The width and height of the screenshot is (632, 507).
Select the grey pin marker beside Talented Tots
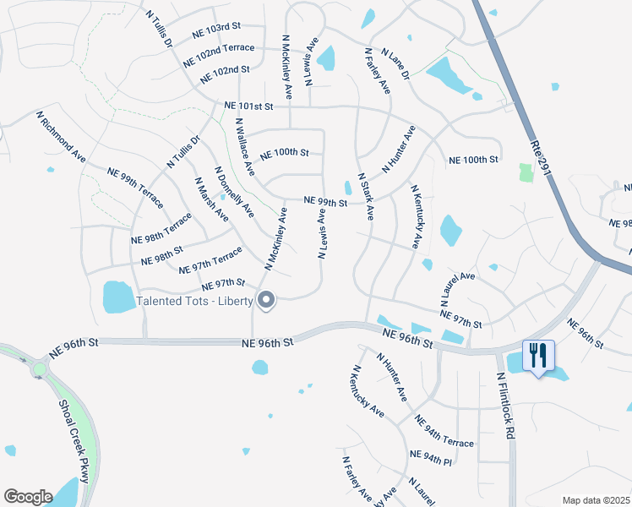coord(267,300)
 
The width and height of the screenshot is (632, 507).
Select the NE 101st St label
coord(249,106)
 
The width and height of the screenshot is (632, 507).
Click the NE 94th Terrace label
coord(444,431)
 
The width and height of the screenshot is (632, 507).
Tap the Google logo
coord(28,496)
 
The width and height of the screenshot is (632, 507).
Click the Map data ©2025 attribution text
coord(595,500)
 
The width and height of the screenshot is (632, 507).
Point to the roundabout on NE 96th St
coord(38,369)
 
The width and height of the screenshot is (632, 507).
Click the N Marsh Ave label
coord(211,199)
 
